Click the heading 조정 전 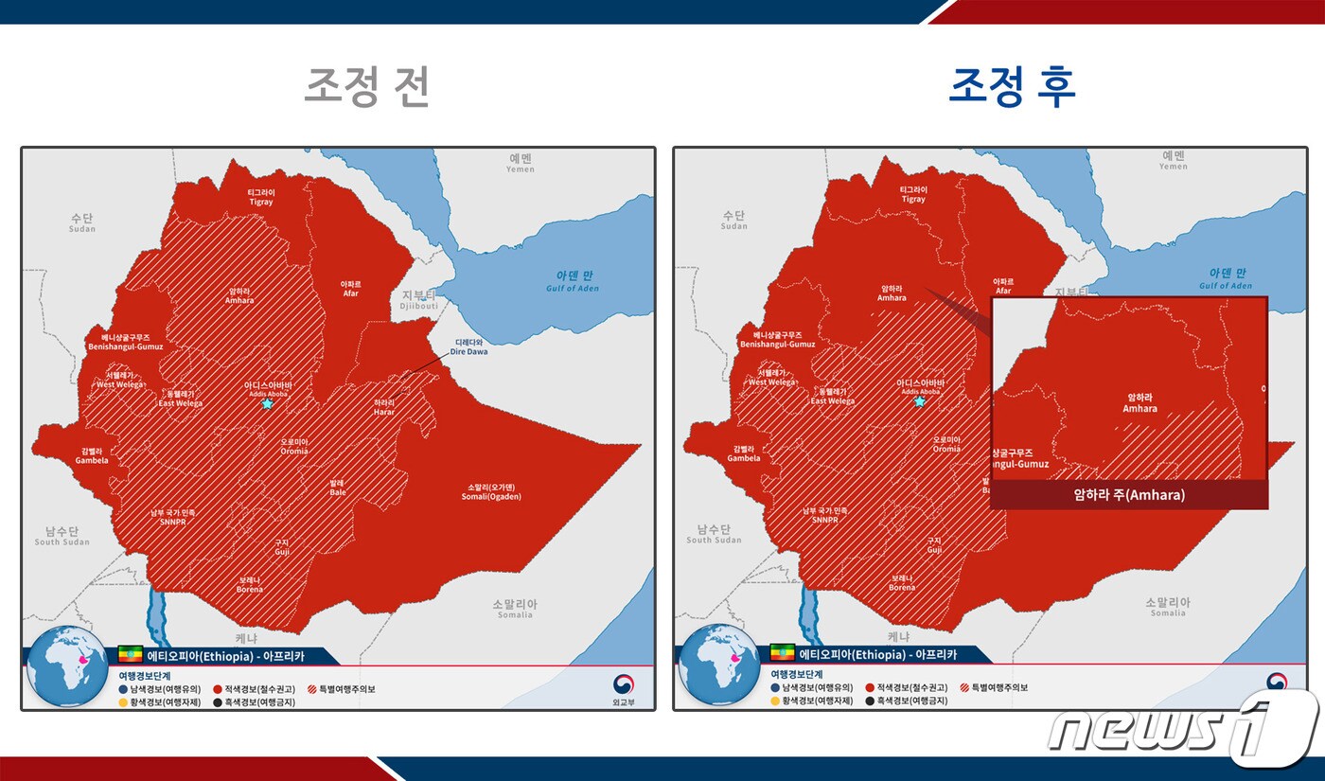367,87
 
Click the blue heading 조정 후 1012,87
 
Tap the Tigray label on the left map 260,196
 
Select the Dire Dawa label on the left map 470,346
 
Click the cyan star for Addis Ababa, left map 267,404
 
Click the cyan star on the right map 919,401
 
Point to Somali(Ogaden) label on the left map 491,492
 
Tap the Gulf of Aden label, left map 572,282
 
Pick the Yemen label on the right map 1173,160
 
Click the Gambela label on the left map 92,456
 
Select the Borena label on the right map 901,582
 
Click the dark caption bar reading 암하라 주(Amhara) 1129,494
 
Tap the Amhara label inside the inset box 1139,403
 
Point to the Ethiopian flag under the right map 783,654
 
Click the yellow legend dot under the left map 124,701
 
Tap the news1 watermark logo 1183,729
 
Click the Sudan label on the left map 82,222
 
